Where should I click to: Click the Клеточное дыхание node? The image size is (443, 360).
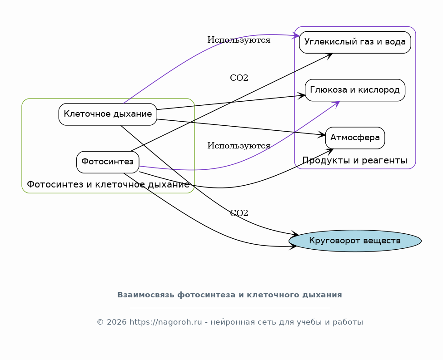point(108,114)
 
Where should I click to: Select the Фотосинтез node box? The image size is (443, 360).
point(108,162)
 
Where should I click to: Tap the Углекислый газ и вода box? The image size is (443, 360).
point(355,42)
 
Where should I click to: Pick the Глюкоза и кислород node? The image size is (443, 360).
point(355,90)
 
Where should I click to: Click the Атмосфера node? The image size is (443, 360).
point(355,138)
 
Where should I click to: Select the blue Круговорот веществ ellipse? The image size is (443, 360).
point(355,241)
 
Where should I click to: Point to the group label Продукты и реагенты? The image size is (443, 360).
point(355,161)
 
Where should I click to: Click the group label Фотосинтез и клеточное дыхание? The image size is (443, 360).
point(108,185)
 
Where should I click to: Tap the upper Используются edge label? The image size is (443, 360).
point(239,40)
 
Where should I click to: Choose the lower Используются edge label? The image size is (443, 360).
point(239,146)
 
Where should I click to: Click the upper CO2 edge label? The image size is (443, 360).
point(239,78)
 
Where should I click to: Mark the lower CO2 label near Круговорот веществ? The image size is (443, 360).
point(239,213)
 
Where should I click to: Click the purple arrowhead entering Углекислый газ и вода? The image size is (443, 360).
point(297,35)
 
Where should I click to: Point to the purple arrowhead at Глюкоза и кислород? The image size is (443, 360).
point(337,103)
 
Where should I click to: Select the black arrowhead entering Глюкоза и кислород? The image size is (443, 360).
point(302,95)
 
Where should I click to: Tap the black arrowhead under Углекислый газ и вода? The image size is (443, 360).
point(329,55)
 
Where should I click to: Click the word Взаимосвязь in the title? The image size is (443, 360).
point(146,295)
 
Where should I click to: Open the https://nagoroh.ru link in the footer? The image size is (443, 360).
point(165,322)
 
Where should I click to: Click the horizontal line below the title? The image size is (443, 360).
point(229,308)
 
